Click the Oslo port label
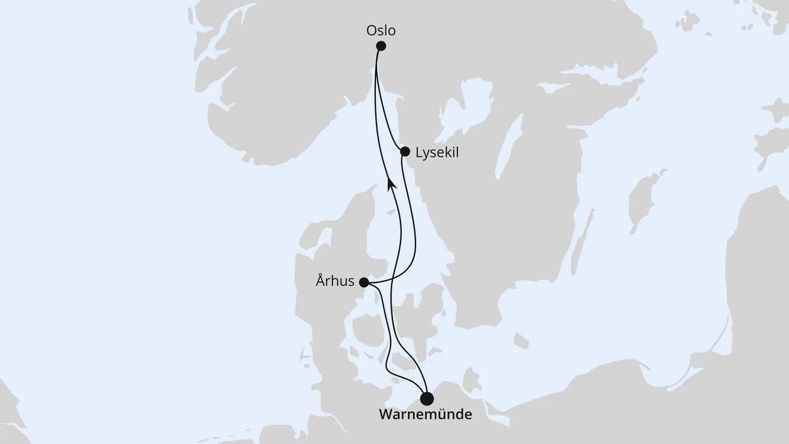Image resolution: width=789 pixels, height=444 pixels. click(381, 30)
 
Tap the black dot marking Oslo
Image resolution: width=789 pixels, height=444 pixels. click(381, 45)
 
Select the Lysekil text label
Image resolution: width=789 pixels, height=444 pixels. click(437, 152)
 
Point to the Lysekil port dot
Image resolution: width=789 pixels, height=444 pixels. click(405, 151)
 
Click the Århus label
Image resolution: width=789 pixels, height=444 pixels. click(335, 282)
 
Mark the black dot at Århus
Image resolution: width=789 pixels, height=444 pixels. click(364, 282)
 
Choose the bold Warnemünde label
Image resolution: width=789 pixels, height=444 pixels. click(425, 415)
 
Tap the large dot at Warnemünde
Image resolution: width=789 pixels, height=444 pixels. click(427, 399)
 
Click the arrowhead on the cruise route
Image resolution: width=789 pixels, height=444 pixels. click(390, 182)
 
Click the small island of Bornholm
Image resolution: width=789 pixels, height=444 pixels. click(521, 341)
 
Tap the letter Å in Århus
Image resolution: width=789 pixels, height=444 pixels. click(321, 281)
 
